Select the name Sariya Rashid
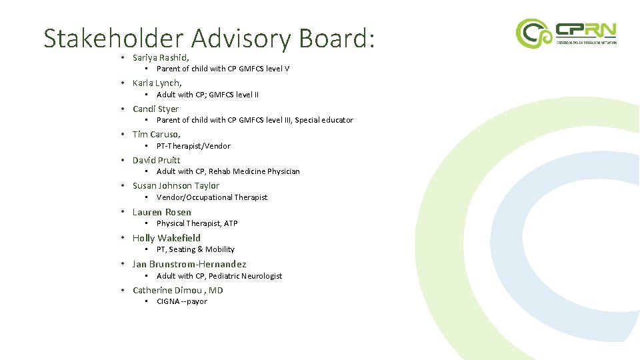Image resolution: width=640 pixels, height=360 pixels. coord(161,58)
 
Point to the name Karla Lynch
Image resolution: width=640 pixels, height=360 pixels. coord(157,83)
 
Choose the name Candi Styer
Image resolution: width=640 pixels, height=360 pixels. coord(155,109)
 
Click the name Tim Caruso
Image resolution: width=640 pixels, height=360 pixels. coord(156,135)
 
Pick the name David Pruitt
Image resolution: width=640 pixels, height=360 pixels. coord(156,160)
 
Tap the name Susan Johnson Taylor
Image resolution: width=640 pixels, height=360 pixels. coord(175,186)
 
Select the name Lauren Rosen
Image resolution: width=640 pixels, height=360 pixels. coord(161,212)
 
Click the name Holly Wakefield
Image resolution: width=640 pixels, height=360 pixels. coord(166,238)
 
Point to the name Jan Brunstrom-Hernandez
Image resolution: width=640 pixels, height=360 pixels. coord(189,264)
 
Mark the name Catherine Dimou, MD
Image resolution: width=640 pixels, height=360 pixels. coord(177,290)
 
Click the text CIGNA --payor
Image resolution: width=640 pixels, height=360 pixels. coord(181,301)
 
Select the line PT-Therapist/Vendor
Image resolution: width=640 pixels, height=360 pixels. coord(193,146)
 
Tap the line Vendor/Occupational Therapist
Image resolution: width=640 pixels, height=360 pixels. coord(211,197)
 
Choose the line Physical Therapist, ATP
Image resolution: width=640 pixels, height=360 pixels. coord(197,223)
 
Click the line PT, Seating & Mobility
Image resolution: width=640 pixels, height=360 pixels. coord(195,249)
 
